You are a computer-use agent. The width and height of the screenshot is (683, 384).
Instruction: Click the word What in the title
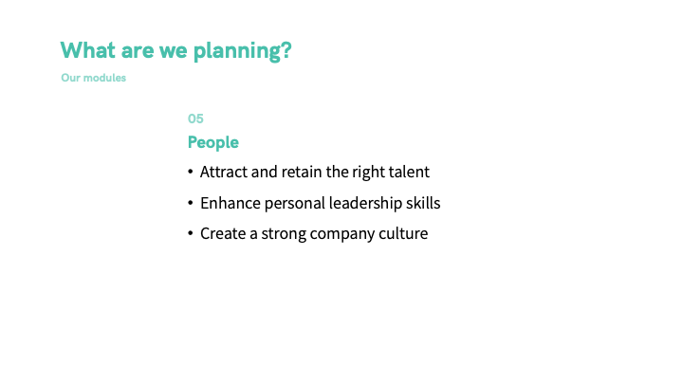pyautogui.click(x=88, y=50)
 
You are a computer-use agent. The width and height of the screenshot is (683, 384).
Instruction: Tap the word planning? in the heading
pyautogui.click(x=242, y=51)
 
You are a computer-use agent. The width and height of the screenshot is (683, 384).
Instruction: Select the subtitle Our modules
pyautogui.click(x=94, y=78)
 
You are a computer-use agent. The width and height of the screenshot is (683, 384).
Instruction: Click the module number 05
pyautogui.click(x=195, y=119)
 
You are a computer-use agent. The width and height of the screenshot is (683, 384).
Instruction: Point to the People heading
pyautogui.click(x=213, y=142)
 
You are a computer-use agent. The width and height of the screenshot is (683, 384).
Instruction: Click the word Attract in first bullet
pyautogui.click(x=224, y=172)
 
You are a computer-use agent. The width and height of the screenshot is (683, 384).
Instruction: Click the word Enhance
pyautogui.click(x=231, y=203)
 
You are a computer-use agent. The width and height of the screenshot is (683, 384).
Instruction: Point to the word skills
pyautogui.click(x=423, y=203)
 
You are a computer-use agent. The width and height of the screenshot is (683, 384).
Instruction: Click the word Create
pyautogui.click(x=223, y=233)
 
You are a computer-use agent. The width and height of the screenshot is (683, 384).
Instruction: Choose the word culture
pyautogui.click(x=403, y=233)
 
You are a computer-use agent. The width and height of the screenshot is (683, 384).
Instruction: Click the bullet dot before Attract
pyautogui.click(x=191, y=172)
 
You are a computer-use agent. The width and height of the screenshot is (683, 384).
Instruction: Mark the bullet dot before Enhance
pyautogui.click(x=191, y=203)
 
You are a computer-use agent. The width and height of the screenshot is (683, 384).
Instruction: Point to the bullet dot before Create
pyautogui.click(x=191, y=233)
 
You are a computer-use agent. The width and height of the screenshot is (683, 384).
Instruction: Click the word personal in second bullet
pyautogui.click(x=295, y=204)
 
